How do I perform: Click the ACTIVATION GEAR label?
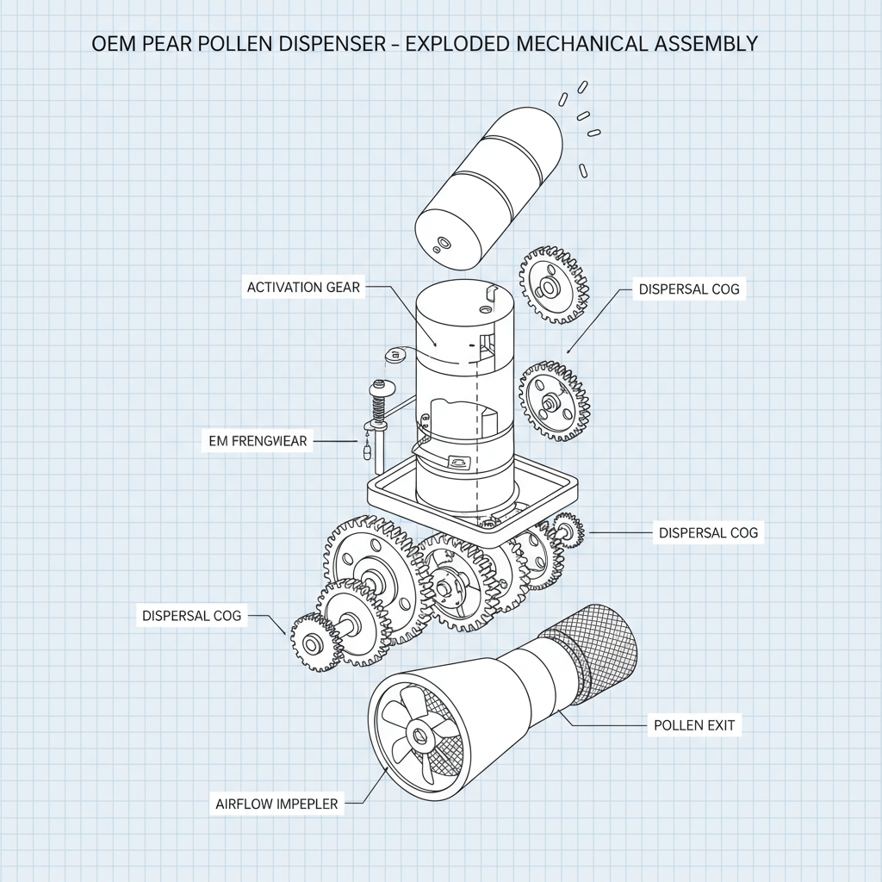coord(304,288)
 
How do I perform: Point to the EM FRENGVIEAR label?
coord(258,441)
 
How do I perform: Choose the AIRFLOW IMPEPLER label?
coord(276,804)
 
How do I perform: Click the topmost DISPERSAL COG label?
coord(688,289)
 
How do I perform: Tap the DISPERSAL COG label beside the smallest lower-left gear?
coord(191,615)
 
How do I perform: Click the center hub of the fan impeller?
coord(420,735)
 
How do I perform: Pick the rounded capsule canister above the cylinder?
coord(488,186)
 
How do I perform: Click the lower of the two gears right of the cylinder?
coord(556,400)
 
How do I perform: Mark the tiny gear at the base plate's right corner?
coord(568,530)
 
